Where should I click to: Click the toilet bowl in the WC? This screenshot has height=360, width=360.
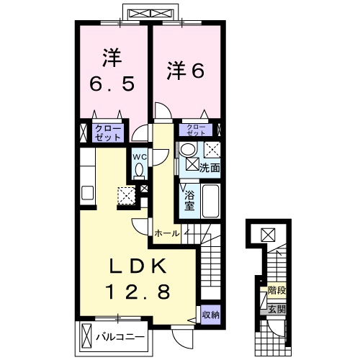pyautogui.click(x=139, y=169)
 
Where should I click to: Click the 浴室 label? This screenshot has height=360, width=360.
pyautogui.click(x=190, y=199)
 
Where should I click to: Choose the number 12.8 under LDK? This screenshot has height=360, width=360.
pyautogui.click(x=138, y=292)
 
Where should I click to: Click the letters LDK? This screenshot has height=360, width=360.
pyautogui.click(x=138, y=267)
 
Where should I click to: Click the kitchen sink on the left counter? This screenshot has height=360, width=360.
pyautogui.click(x=87, y=193)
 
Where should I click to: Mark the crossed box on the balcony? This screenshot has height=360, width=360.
pyautogui.click(x=87, y=336)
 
